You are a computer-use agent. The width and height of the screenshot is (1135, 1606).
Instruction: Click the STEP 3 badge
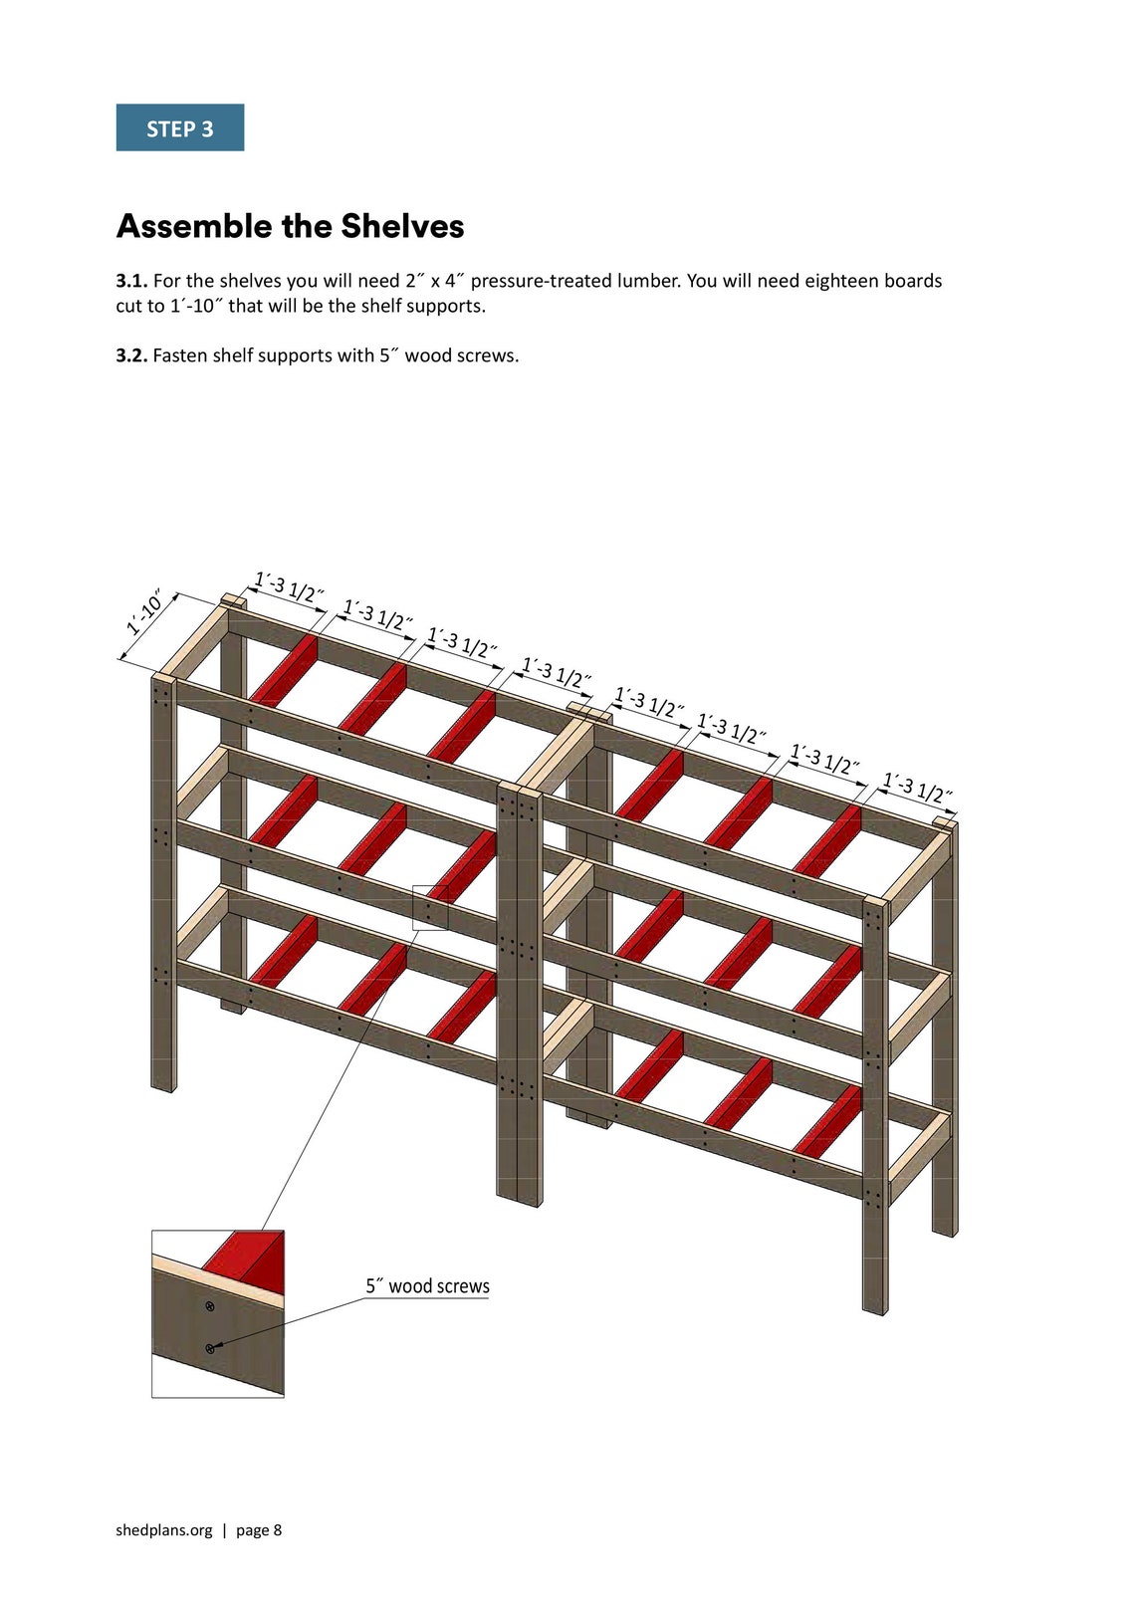point(179,127)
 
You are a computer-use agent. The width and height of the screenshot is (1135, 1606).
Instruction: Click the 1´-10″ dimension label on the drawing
point(145,615)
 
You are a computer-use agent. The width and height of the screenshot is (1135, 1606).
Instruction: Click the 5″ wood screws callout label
point(427,1285)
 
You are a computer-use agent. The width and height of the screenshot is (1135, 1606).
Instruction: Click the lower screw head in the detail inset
point(210,1348)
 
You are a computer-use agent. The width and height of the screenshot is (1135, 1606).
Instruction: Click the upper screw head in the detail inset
point(209,1305)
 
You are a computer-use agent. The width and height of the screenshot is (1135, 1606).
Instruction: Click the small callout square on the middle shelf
point(430,907)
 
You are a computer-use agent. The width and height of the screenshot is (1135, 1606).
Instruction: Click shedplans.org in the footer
point(164,1530)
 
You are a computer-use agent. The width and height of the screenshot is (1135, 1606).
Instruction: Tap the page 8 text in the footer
point(259,1530)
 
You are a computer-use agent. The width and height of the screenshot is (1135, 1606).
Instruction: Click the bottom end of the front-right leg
point(873,1308)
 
